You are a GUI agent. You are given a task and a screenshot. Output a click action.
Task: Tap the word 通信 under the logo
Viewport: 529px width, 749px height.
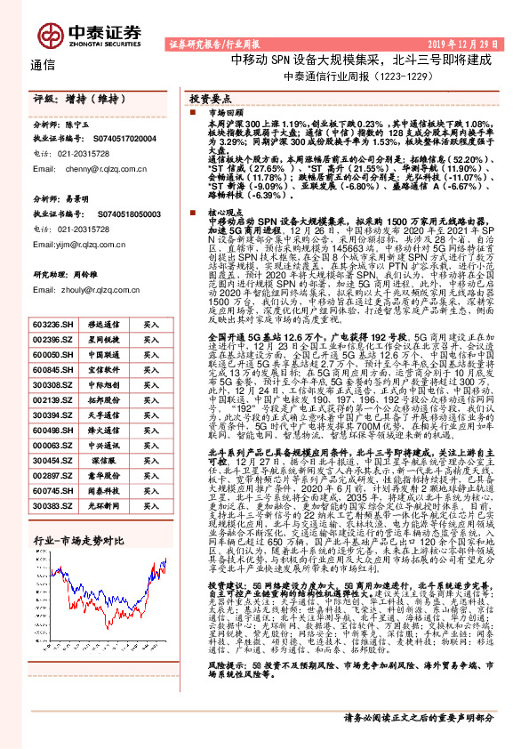pyautogui.click(x=42, y=64)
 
